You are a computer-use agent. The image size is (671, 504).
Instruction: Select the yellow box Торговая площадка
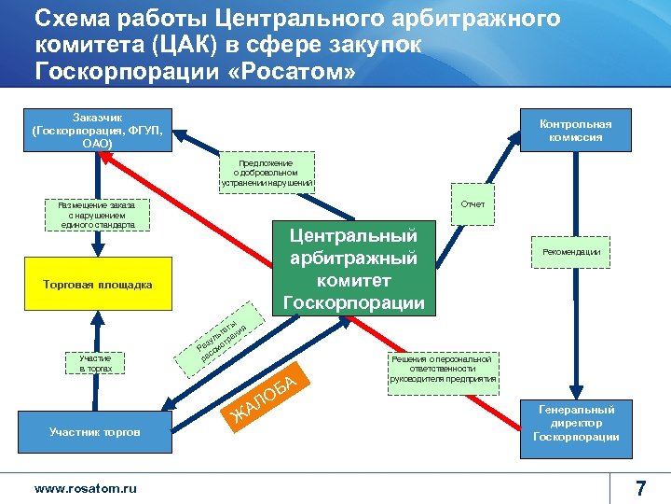(98, 284)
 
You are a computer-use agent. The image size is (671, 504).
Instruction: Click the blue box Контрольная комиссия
(575, 131)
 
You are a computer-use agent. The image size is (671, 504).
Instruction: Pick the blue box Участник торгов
(95, 432)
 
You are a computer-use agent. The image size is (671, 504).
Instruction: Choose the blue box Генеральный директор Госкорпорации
(576, 423)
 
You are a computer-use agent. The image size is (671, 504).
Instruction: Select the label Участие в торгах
(95, 363)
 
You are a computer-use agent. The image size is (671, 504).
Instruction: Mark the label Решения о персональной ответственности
(444, 370)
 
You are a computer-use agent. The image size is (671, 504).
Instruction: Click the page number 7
(640, 487)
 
